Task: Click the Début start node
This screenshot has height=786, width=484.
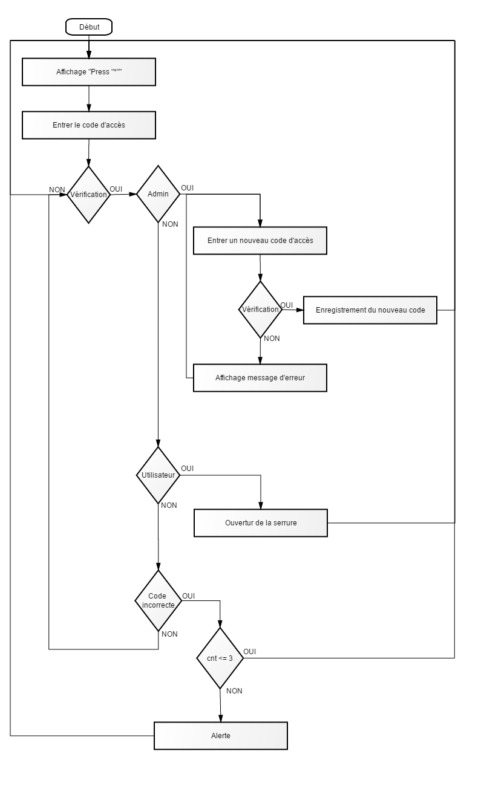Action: [x=89, y=27]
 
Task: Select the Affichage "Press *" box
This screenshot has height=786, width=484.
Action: [x=89, y=72]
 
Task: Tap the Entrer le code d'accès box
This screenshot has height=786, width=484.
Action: [x=89, y=125]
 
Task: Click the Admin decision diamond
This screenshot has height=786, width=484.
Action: [x=158, y=194]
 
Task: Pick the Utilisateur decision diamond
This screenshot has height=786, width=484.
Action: [x=158, y=475]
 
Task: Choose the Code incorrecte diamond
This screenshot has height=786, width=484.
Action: [x=158, y=600]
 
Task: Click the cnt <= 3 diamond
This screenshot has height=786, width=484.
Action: [x=220, y=658]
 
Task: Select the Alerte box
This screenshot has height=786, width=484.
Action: [x=221, y=736]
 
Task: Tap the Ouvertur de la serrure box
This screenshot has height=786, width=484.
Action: [x=261, y=523]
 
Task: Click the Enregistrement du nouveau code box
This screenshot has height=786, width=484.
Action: [x=370, y=310]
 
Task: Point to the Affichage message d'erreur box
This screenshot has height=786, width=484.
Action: [x=260, y=378]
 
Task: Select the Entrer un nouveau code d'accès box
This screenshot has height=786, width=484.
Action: [x=260, y=241]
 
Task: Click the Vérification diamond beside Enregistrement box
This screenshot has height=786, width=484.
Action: [x=260, y=310]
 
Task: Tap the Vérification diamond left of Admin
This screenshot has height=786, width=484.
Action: [x=88, y=195]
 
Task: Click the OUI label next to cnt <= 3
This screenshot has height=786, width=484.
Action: [x=249, y=652]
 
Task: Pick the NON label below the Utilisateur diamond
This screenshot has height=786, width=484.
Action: [x=169, y=505]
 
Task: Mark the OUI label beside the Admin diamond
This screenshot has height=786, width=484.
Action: [x=187, y=188]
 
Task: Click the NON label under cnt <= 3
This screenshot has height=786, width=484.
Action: [x=234, y=691]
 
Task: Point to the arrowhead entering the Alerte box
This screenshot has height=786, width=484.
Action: [x=221, y=718]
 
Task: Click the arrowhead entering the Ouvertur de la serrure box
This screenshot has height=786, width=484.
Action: [x=261, y=505]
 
